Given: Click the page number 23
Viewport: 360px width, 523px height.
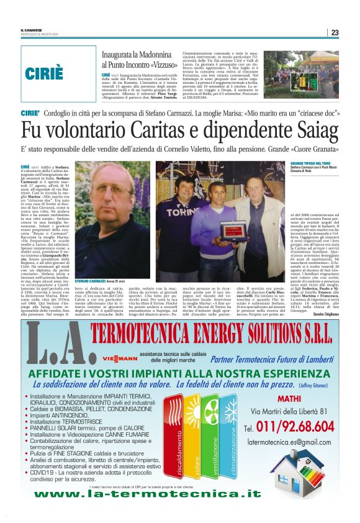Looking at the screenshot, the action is [335, 33].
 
